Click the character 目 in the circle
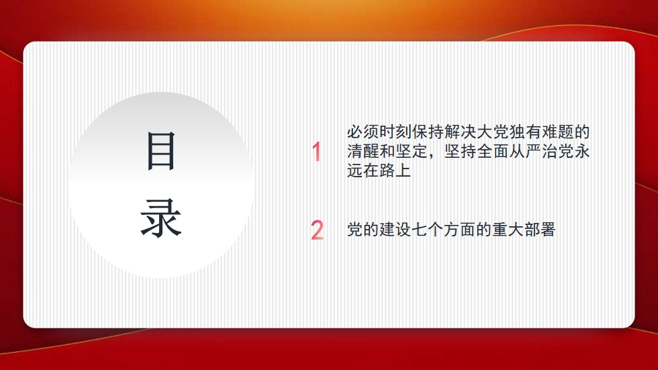[x=160, y=150]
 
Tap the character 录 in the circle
[x=160, y=218]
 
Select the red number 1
[x=316, y=152]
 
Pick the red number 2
[x=317, y=230]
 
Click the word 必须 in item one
[x=363, y=132]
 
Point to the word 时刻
[x=395, y=132]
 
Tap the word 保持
[x=428, y=132]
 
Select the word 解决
[x=461, y=132]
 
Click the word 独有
[x=525, y=132]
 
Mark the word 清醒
[x=363, y=151]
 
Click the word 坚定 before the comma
[x=412, y=151]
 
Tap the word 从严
[x=525, y=151]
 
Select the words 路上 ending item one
[x=395, y=171]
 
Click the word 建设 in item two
[x=395, y=230]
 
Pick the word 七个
[x=428, y=230]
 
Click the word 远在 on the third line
[x=363, y=171]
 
